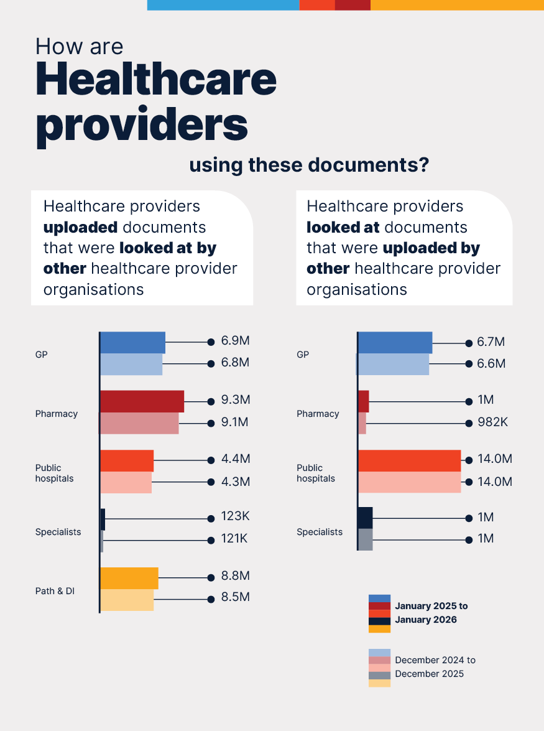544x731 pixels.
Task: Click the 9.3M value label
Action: coord(236,399)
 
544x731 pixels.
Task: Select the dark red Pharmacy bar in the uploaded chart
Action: coord(142,401)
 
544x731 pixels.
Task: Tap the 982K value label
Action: coord(492,422)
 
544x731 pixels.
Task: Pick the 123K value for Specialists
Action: coord(235,517)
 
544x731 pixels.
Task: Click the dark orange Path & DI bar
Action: coord(129,578)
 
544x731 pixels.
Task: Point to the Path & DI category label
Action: coord(55,591)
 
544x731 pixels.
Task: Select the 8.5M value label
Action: coord(236,597)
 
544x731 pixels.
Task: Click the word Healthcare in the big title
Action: coord(156,80)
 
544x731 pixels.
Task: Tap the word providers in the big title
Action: coord(142,124)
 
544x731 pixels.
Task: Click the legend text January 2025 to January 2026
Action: coord(431,613)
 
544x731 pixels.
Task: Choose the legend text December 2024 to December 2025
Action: coord(435,667)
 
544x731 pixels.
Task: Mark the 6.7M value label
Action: coord(491,342)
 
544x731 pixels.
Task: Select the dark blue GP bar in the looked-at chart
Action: coord(395,343)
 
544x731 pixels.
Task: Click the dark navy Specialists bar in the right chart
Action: coord(366,518)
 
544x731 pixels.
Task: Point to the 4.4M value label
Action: coord(236,459)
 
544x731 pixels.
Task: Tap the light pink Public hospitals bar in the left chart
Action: coord(126,483)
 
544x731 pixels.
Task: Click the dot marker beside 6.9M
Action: coord(211,342)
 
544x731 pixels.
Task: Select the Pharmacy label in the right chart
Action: coord(318,414)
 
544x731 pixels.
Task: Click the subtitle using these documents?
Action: coord(309,165)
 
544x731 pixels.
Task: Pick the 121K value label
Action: coord(234,539)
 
